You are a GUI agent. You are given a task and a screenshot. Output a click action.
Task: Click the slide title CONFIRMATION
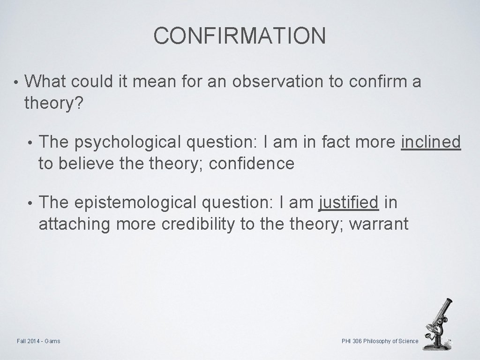240,36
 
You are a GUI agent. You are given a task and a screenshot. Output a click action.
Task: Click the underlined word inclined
431,142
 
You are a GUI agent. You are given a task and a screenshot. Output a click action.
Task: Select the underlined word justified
348,203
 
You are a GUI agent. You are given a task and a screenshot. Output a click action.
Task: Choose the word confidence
252,164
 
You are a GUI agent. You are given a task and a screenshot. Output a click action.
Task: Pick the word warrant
379,225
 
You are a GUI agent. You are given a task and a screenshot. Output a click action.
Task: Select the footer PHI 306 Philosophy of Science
380,341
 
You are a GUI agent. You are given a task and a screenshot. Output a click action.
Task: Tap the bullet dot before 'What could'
16,83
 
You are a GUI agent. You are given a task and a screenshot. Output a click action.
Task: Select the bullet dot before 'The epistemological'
31,204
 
